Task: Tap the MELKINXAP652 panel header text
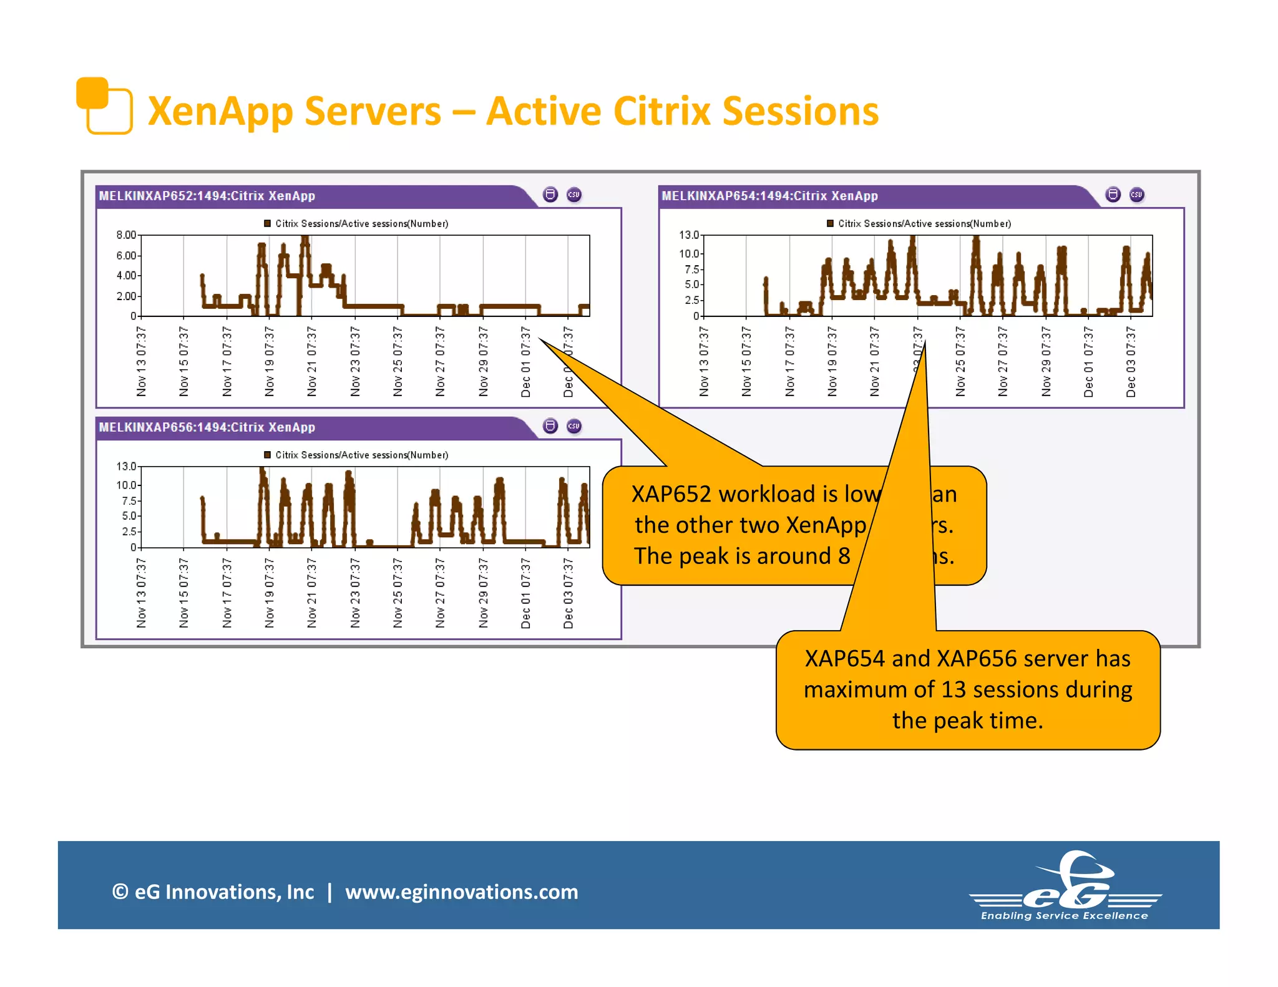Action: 207,196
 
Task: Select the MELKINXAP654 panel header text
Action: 769,196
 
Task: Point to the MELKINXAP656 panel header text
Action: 207,427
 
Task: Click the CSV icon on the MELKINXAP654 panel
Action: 1136,195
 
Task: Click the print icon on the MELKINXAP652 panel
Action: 550,195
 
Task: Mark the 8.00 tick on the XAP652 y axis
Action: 126,235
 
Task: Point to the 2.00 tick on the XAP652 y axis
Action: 126,296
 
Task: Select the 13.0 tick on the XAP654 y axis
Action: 689,235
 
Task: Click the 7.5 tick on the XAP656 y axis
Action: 129,501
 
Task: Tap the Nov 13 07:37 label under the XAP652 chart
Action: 142,361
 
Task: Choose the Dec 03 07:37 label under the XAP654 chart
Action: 1131,361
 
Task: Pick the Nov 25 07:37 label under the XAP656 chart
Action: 398,593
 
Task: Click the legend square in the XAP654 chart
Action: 830,223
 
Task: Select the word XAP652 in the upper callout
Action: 671,494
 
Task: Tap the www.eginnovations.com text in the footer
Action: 461,892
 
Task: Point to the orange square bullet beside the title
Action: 104,105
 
